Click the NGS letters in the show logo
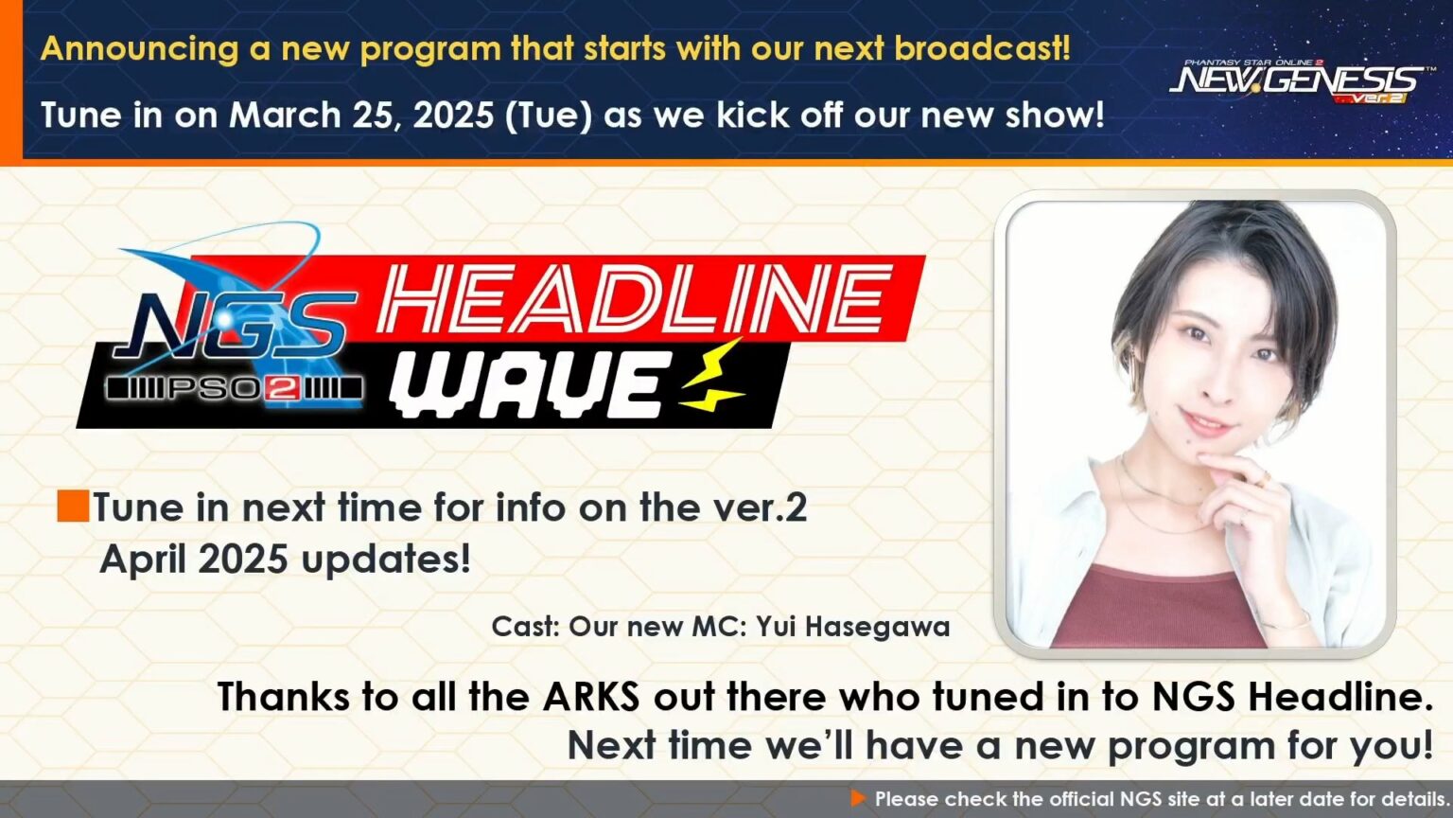click(x=235, y=326)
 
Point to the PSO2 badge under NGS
click(x=234, y=388)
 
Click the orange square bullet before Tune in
click(x=73, y=507)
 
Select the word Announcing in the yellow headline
click(x=139, y=49)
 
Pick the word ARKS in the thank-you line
click(x=591, y=697)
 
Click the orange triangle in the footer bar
click(x=858, y=798)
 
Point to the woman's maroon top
click(x=1160, y=607)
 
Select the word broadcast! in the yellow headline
click(x=983, y=48)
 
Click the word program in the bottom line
click(x=1191, y=747)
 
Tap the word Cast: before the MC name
click(x=525, y=627)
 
